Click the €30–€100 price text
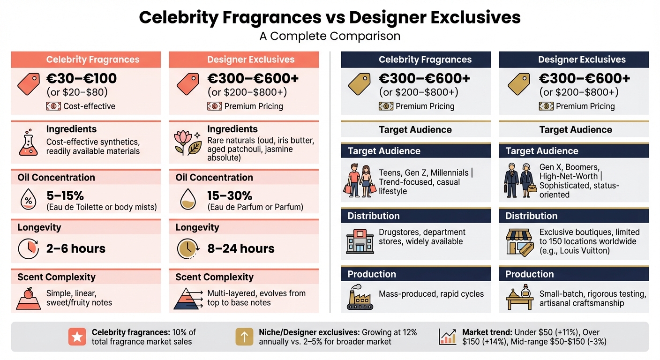[x=81, y=78]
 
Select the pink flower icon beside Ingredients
[x=187, y=142]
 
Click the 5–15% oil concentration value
[x=65, y=195]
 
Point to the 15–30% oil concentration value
[x=230, y=195]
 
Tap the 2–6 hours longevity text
[x=76, y=248]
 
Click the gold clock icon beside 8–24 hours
[x=188, y=249]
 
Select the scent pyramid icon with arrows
[x=188, y=298]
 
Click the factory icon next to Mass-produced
[x=360, y=297]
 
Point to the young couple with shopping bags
[x=360, y=180]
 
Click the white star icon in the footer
[x=77, y=337]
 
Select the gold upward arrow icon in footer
[x=244, y=337]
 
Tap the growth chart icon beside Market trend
[x=448, y=337]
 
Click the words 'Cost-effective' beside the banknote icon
[x=89, y=106]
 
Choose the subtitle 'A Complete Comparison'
[x=330, y=36]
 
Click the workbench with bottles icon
[x=520, y=297]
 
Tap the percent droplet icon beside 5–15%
[x=28, y=199]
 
